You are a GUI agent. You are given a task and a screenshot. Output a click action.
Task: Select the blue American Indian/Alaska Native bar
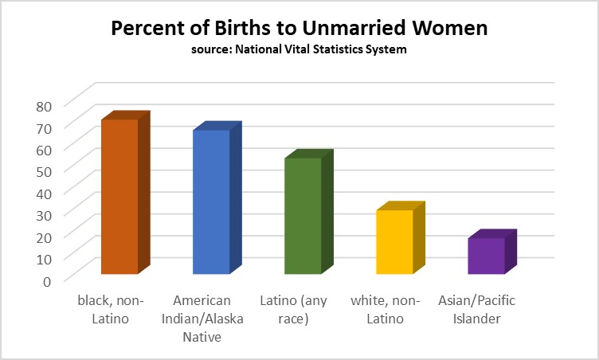211,202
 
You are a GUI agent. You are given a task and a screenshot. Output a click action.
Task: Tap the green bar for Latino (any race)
303,216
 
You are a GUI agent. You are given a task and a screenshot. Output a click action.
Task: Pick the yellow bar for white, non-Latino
394,242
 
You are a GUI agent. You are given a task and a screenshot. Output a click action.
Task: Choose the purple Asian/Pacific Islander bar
486,256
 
